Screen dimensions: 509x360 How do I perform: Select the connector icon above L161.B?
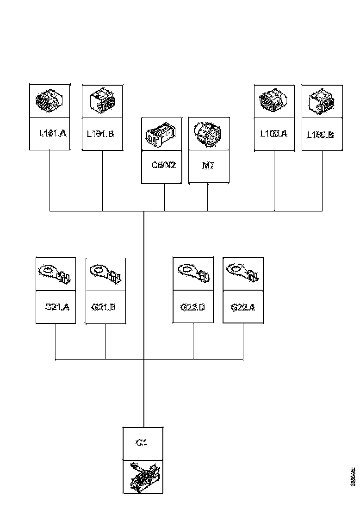pyautogui.click(x=102, y=101)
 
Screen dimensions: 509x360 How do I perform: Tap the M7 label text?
pyautogui.click(x=209, y=166)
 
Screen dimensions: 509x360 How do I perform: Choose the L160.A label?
pyautogui.click(x=273, y=134)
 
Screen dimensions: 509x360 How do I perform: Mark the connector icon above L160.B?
pyautogui.click(x=322, y=101)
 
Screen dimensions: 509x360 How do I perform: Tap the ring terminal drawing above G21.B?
pyautogui.click(x=106, y=274)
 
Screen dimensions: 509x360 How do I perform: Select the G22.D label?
pyautogui.click(x=192, y=306)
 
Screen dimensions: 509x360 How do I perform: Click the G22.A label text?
pyautogui.click(x=243, y=306)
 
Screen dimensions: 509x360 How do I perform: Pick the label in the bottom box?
pyautogui.click(x=142, y=443)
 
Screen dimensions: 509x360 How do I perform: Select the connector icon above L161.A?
pyautogui.click(x=50, y=100)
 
